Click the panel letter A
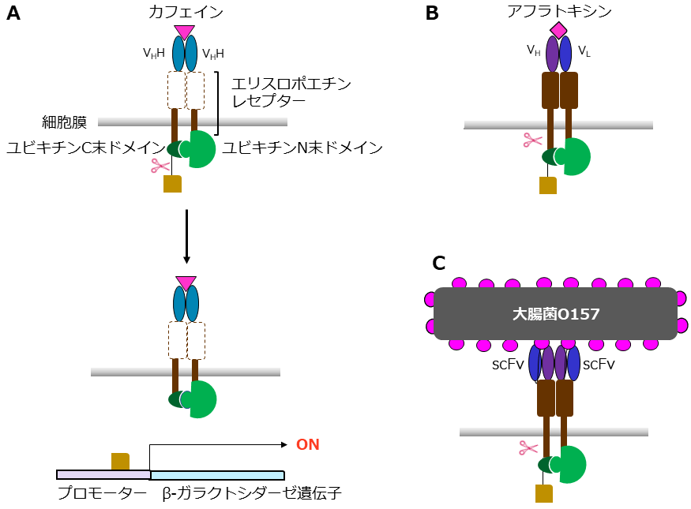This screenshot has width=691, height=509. coord(13,14)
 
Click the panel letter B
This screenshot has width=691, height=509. coord(433,13)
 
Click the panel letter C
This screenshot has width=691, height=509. coord(440,263)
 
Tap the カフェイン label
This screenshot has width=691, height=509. coord(185,11)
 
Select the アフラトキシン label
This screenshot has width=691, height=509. coord(558,10)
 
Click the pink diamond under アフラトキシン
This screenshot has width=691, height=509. coord(558,31)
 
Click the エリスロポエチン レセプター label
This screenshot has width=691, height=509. coord(291,92)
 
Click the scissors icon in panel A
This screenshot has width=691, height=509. coord(160,166)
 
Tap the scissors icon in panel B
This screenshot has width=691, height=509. coord(533,140)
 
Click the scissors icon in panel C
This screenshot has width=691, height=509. coord(528,447)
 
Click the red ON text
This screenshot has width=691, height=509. coord(307,444)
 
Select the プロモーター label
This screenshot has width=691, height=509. coord(102,494)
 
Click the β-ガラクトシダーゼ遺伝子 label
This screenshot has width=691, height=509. coord(252,494)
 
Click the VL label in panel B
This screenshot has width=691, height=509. coord(584,51)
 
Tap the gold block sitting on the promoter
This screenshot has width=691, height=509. coord(120,461)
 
